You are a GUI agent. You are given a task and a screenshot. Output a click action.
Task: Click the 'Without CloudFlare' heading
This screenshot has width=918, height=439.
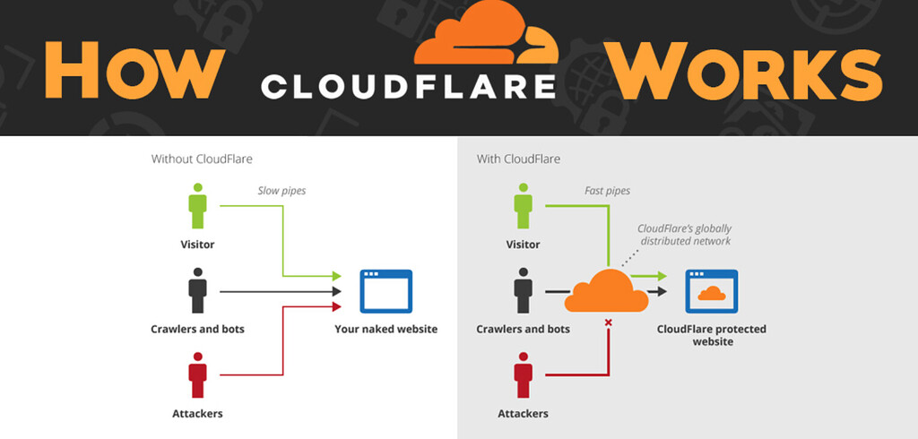(x=202, y=159)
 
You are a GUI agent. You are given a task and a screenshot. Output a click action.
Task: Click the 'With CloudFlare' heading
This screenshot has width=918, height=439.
(x=518, y=159)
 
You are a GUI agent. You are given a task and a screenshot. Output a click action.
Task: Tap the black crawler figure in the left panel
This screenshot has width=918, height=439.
(x=197, y=292)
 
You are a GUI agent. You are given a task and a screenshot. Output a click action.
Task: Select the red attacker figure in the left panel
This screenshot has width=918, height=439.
(x=197, y=375)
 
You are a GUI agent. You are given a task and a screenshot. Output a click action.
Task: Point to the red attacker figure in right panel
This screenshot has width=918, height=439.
(x=523, y=375)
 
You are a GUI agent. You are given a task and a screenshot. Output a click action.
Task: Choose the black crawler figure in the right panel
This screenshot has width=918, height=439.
(x=523, y=292)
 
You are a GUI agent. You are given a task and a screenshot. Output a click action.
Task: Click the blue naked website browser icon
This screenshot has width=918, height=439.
(x=385, y=291)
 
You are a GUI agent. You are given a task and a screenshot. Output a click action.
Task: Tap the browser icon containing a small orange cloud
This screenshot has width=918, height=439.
(x=711, y=291)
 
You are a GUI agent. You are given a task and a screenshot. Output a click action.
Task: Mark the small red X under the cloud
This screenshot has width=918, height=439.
(x=609, y=322)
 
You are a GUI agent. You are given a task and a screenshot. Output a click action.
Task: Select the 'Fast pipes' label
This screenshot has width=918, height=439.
(x=606, y=191)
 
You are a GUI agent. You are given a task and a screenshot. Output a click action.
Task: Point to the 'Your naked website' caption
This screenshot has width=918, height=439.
(x=385, y=329)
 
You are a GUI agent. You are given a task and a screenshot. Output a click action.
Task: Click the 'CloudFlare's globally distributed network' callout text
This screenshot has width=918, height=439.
(x=684, y=235)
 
